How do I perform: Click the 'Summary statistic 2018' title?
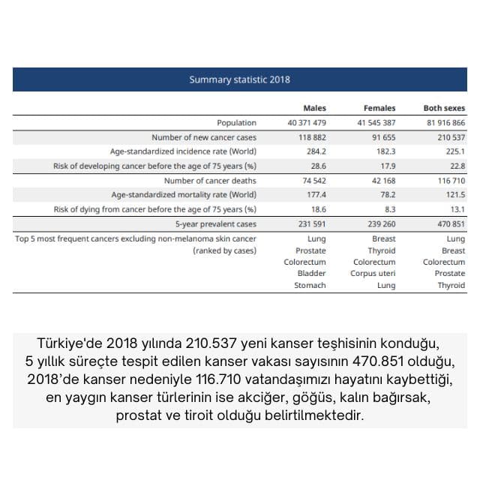(x=239, y=79)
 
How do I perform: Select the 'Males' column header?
(x=314, y=108)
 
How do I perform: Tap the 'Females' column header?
(x=379, y=108)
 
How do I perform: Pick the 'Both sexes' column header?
(x=444, y=108)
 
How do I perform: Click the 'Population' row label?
(x=236, y=122)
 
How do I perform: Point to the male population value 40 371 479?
(x=307, y=122)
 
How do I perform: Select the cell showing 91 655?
(x=381, y=137)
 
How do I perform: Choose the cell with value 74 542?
(x=311, y=181)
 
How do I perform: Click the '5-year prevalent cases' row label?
(x=216, y=223)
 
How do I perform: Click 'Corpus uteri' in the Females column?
(x=373, y=274)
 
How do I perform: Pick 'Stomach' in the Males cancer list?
(x=310, y=285)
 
